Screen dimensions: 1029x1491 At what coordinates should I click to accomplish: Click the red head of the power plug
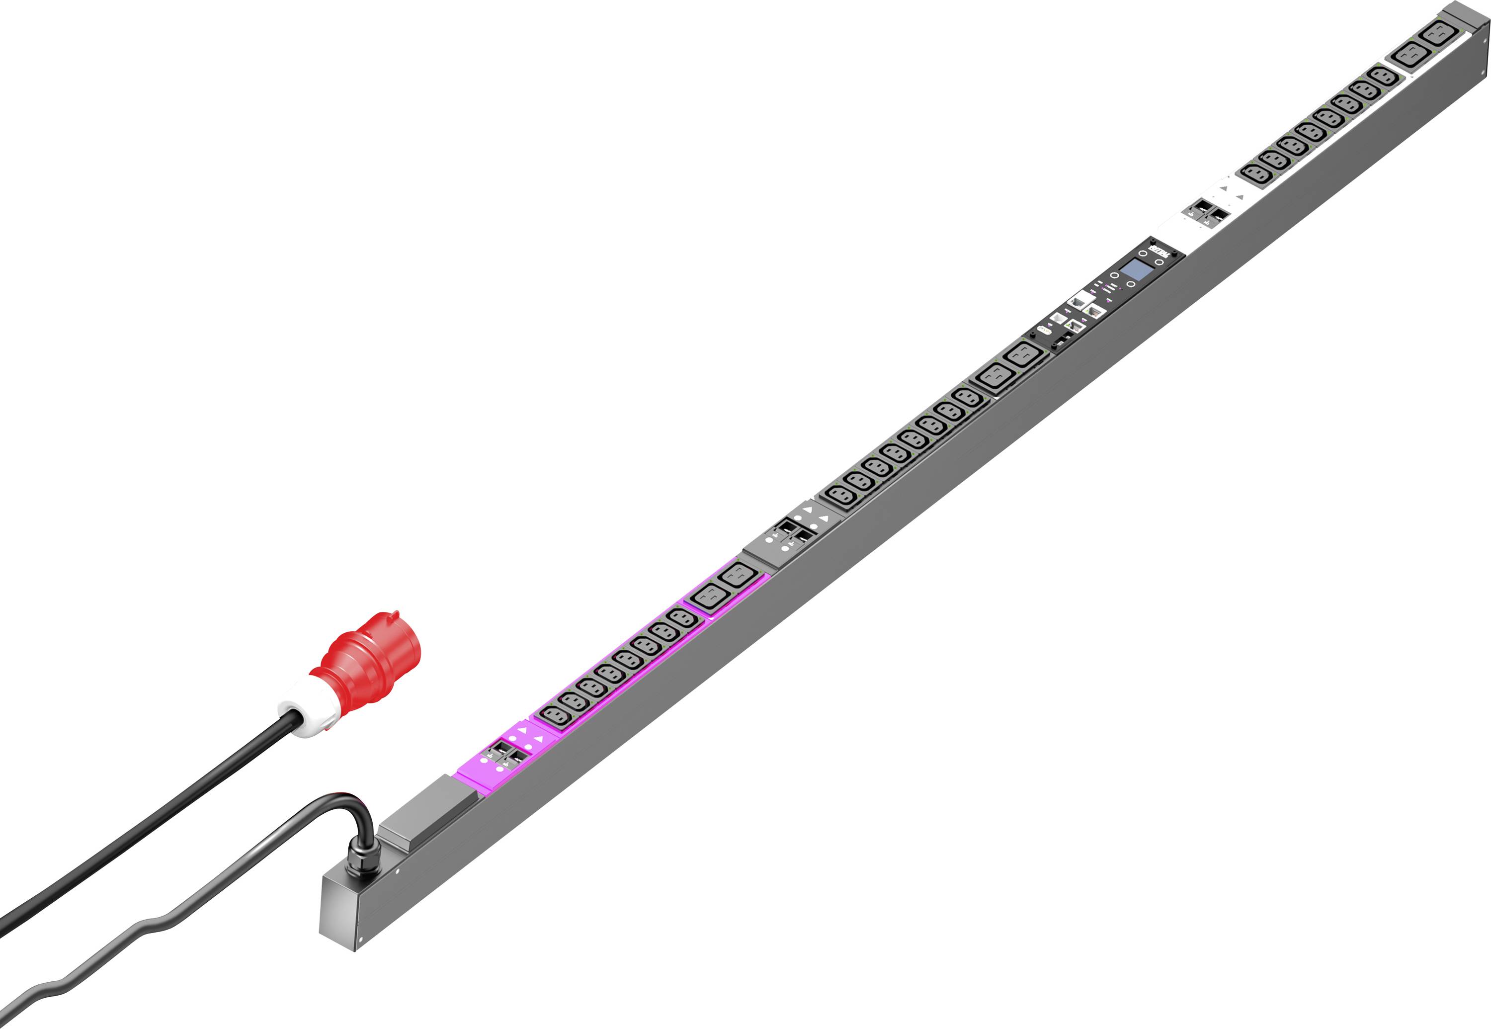point(377,652)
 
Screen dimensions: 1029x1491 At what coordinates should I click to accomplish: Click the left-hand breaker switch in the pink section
point(498,750)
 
